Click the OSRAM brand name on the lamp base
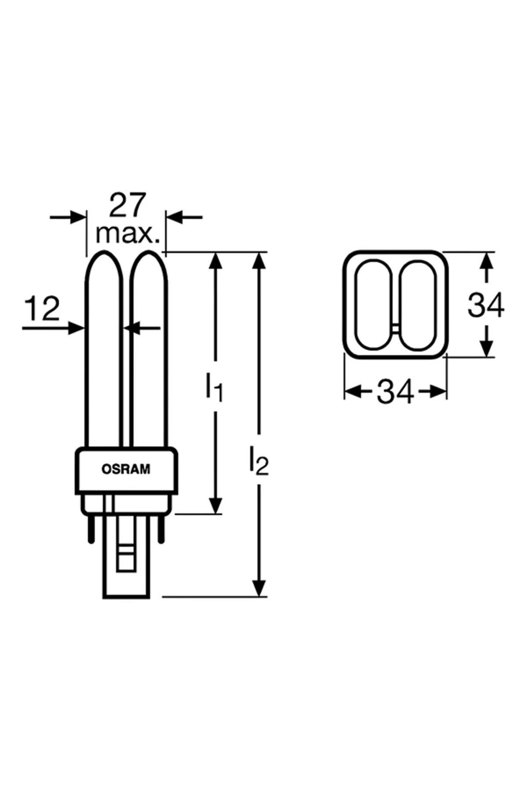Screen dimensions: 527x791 (x=126, y=469)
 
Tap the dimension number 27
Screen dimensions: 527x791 (x=126, y=205)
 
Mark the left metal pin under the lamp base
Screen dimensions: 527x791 (x=91, y=528)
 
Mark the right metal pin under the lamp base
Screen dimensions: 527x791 (x=161, y=528)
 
